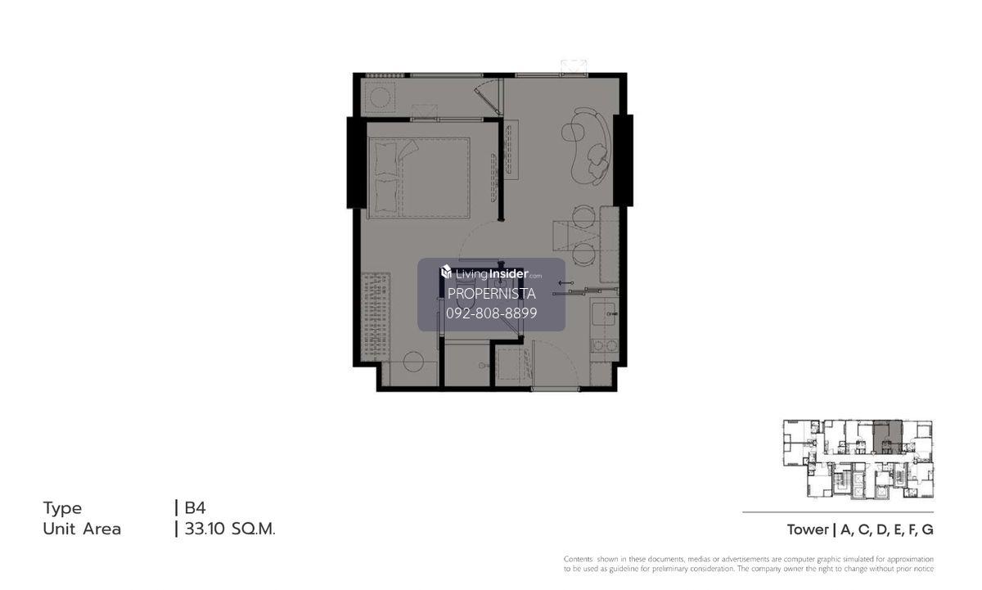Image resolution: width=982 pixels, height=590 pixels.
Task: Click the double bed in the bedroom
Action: (x=419, y=178)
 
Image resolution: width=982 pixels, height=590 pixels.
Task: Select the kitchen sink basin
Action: (x=604, y=314)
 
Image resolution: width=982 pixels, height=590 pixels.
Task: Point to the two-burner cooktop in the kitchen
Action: (x=605, y=346)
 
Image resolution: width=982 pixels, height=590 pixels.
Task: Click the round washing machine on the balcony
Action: (x=380, y=97)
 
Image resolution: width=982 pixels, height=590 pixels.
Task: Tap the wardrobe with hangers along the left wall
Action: (x=376, y=317)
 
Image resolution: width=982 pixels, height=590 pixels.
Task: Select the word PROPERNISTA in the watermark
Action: (x=492, y=294)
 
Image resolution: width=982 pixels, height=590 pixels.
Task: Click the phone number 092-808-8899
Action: (x=492, y=313)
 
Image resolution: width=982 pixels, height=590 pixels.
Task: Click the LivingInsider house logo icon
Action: (x=446, y=272)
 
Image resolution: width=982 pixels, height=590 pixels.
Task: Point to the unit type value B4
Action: (x=195, y=507)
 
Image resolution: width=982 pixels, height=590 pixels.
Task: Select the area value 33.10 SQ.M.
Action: (x=230, y=529)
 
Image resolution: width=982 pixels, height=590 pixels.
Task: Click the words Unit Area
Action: (x=82, y=529)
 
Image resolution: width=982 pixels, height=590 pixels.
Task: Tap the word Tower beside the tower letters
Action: (x=808, y=530)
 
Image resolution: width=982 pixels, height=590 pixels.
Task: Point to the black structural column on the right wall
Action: (x=623, y=160)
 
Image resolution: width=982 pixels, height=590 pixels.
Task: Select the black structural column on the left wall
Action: (x=357, y=163)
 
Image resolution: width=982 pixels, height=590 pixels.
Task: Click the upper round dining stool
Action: (x=583, y=216)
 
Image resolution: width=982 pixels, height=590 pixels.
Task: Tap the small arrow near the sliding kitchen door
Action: (x=566, y=283)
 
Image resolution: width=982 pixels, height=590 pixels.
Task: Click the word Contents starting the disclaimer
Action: (x=578, y=559)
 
